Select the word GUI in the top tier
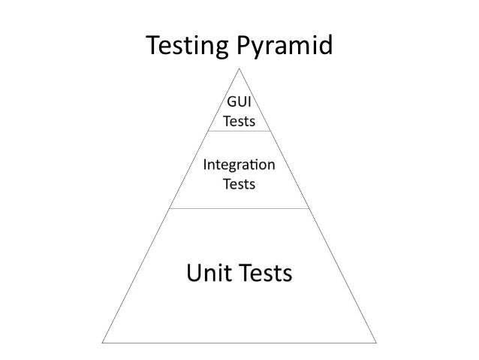[x=239, y=104]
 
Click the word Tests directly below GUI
[x=239, y=121]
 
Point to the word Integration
[x=239, y=164]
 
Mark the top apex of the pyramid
[x=239, y=68]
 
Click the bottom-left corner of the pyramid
[x=103, y=343]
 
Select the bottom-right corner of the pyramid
[x=377, y=343]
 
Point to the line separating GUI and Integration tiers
[x=239, y=131]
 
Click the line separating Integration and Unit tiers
[x=239, y=208]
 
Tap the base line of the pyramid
[x=239, y=343]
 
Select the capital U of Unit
[x=193, y=274]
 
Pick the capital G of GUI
[x=230, y=104]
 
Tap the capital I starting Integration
[x=206, y=164]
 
